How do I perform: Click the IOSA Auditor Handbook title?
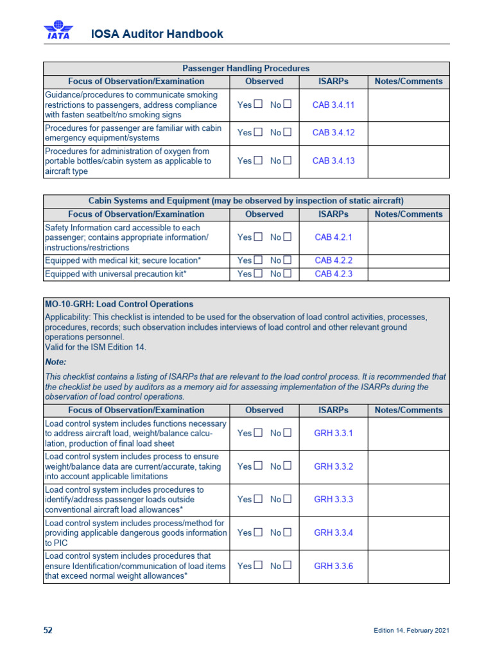pyautogui.click(x=157, y=34)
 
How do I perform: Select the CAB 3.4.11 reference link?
pyautogui.click(x=333, y=105)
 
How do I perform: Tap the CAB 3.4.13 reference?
pyautogui.click(x=333, y=161)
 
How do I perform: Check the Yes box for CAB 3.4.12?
pyautogui.click(x=258, y=133)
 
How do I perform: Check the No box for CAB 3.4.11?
pyautogui.click(x=288, y=105)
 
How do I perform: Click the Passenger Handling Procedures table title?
pyautogui.click(x=246, y=68)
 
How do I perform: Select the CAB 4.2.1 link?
pyautogui.click(x=333, y=237)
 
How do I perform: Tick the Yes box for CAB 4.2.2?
pyautogui.click(x=258, y=260)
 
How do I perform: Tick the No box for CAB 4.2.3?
pyautogui.click(x=288, y=275)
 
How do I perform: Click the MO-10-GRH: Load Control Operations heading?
pyautogui.click(x=119, y=304)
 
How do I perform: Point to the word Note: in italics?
pyautogui.click(x=55, y=362)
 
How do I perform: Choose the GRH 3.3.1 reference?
pyautogui.click(x=333, y=433)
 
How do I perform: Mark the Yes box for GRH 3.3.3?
pyautogui.click(x=258, y=499)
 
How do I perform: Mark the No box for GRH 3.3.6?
pyautogui.click(x=288, y=566)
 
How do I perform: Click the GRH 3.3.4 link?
pyautogui.click(x=333, y=533)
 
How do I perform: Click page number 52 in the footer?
pyautogui.click(x=48, y=631)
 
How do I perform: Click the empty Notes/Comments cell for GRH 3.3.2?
pyautogui.click(x=408, y=466)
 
